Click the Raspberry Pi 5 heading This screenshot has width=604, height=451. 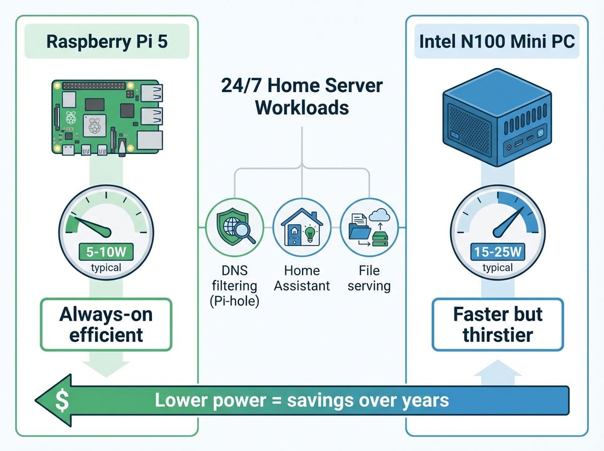[107, 41]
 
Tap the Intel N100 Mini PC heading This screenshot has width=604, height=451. [497, 41]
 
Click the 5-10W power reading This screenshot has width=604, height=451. [106, 251]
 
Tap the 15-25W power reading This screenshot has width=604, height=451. [497, 251]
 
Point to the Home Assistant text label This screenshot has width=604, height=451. [301, 278]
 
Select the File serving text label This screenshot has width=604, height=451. [369, 278]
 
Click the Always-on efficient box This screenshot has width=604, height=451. [106, 324]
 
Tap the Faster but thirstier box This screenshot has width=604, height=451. [498, 324]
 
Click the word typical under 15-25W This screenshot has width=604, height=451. [497, 267]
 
